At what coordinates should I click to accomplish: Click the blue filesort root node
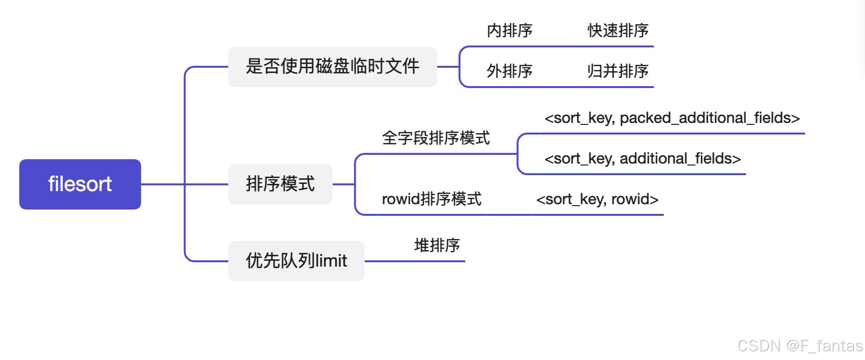pyautogui.click(x=80, y=184)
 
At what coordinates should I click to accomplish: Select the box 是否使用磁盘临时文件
pyautogui.click(x=332, y=67)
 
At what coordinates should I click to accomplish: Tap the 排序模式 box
pyautogui.click(x=280, y=184)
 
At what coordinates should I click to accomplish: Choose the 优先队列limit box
pyautogui.click(x=296, y=261)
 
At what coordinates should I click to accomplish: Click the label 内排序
pyautogui.click(x=509, y=30)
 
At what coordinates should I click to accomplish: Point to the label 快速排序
pyautogui.click(x=618, y=30)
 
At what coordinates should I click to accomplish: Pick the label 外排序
pyautogui.click(x=509, y=71)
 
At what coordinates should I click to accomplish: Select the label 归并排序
pyautogui.click(x=618, y=71)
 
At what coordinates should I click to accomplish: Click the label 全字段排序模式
pyautogui.click(x=436, y=138)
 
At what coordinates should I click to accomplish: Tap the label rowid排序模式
pyautogui.click(x=432, y=199)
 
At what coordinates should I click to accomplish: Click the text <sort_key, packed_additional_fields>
pyautogui.click(x=672, y=118)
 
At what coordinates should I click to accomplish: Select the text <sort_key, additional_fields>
pyautogui.click(x=642, y=159)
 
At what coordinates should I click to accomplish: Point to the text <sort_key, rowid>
pyautogui.click(x=597, y=199)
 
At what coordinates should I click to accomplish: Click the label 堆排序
pyautogui.click(x=437, y=245)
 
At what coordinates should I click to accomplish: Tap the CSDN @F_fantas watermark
pyautogui.click(x=800, y=345)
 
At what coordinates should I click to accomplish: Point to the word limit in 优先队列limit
pyautogui.click(x=331, y=261)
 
